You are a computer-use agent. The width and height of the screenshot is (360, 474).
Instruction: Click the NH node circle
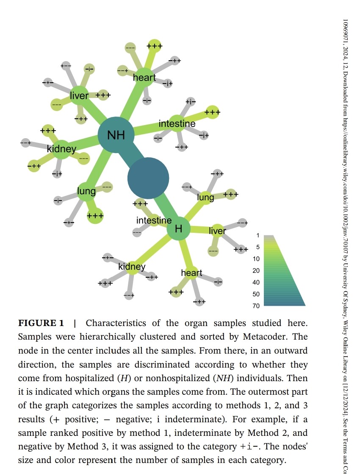click(x=116, y=135)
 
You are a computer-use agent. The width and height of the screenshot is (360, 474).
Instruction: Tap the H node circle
click(x=178, y=229)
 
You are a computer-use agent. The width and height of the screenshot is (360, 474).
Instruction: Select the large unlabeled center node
click(x=148, y=178)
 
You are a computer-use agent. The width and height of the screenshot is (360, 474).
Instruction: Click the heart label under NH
click(x=144, y=78)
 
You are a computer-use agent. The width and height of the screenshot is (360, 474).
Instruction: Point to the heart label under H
click(x=192, y=273)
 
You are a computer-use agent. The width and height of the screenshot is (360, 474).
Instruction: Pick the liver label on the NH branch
click(x=79, y=95)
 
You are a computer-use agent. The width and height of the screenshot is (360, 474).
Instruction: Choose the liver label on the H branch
click(x=218, y=231)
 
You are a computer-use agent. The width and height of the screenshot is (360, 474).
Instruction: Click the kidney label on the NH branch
click(x=61, y=149)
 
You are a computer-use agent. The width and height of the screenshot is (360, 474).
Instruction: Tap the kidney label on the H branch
click(x=132, y=267)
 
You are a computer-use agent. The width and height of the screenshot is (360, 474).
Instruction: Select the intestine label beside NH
click(x=177, y=124)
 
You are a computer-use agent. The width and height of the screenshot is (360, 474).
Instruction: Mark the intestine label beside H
click(x=154, y=220)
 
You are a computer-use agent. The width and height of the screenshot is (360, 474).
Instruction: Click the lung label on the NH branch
click(x=86, y=191)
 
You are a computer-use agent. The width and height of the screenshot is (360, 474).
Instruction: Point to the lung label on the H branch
click(x=206, y=197)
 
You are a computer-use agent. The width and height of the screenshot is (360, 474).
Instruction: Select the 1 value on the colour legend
click(x=257, y=235)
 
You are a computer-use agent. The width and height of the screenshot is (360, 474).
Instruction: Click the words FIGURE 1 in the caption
click(x=41, y=323)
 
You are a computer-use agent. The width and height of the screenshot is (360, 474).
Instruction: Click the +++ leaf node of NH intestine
click(x=212, y=112)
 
